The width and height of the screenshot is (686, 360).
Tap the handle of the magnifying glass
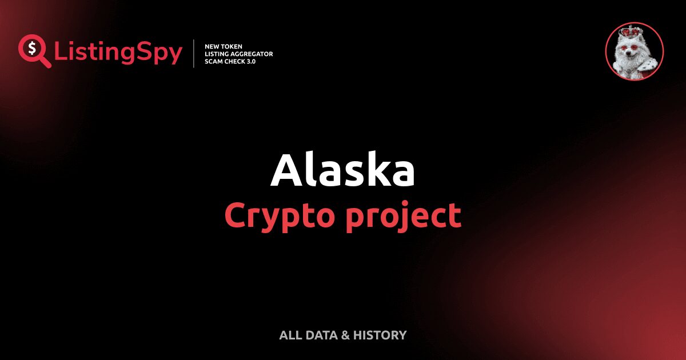(x=46, y=62)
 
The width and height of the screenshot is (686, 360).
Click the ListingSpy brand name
(x=118, y=53)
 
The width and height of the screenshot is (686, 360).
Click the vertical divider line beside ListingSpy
(x=194, y=54)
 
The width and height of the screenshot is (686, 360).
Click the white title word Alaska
(x=342, y=171)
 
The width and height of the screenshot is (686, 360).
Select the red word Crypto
(x=274, y=216)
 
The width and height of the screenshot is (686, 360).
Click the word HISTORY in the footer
(x=380, y=335)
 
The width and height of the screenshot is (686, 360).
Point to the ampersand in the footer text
(x=345, y=335)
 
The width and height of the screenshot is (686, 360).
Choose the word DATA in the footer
(x=321, y=335)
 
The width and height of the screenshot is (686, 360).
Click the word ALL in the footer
(x=290, y=335)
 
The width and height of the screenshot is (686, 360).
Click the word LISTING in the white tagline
(x=218, y=54)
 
